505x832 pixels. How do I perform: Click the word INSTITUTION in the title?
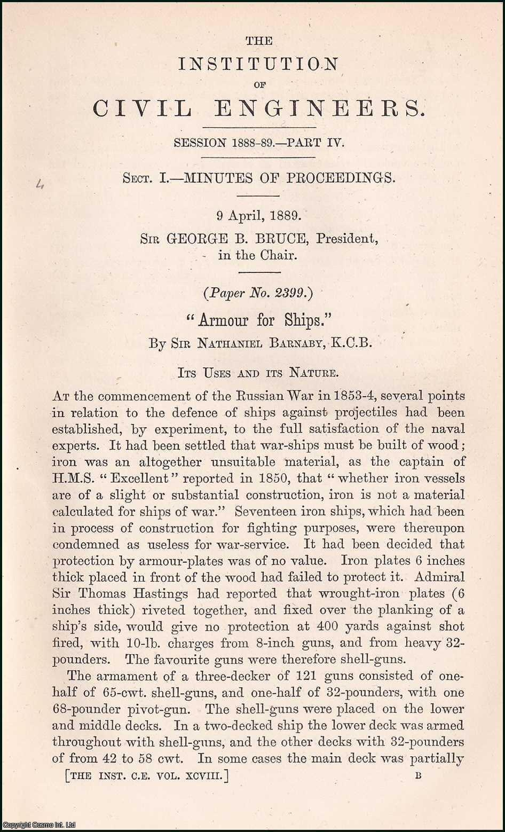tap(258, 64)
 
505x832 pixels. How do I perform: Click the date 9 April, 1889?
tap(259, 216)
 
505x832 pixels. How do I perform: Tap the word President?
tap(347, 238)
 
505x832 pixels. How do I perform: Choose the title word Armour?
tap(223, 320)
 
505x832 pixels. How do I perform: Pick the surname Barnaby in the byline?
tap(288, 343)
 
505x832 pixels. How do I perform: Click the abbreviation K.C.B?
tap(351, 343)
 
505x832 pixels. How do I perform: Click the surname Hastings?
tap(161, 594)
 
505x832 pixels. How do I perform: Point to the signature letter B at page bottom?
tap(417, 776)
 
